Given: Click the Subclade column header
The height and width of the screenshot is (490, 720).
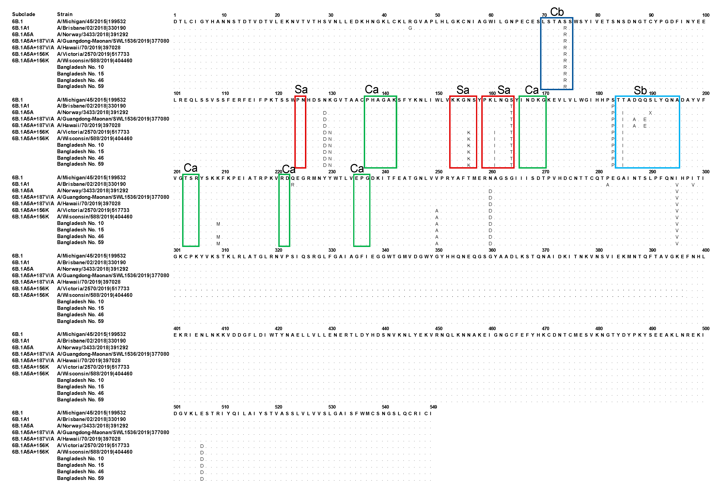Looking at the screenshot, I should [24, 14].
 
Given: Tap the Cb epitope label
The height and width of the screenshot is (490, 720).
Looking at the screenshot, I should [557, 12].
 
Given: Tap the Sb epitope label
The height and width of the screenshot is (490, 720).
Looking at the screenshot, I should [640, 91].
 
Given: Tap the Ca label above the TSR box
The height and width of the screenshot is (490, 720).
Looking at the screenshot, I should [191, 168].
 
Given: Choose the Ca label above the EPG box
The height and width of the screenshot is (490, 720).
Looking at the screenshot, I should [357, 169].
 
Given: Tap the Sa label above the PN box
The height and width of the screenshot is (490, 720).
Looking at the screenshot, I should [301, 89].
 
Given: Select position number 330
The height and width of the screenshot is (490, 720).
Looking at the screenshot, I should [332, 250].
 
